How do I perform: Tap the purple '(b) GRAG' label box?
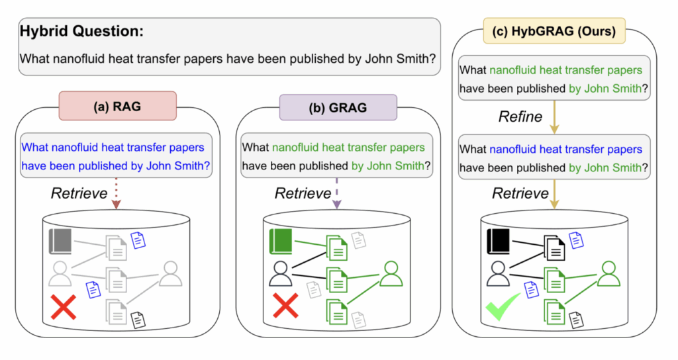338,106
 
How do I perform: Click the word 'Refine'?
520,117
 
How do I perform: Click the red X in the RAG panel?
64,308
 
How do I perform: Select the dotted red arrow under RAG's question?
117,194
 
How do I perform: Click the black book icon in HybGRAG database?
498,242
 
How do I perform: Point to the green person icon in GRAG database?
391,274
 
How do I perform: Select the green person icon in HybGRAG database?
608,274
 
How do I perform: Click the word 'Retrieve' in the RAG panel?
79,193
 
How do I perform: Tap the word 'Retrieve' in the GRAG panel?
302,193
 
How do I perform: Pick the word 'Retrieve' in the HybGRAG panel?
520,193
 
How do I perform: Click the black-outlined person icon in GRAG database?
281,274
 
